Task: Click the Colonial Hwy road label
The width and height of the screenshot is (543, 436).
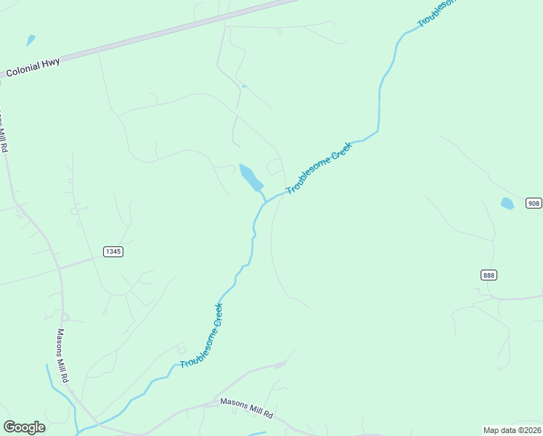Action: coord(33,68)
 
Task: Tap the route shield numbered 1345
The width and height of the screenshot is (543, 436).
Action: coord(113,251)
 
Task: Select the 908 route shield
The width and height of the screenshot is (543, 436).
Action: coord(534,203)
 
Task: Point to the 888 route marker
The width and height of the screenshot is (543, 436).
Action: coord(489,275)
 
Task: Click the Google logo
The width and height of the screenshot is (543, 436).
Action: coord(24,427)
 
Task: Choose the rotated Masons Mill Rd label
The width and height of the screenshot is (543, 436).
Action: coord(63,355)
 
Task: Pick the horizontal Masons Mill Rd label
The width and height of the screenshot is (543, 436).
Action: coord(246,408)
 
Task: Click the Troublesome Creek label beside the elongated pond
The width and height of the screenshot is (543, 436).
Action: coord(319,168)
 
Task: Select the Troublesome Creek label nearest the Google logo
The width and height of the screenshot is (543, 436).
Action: coord(202,335)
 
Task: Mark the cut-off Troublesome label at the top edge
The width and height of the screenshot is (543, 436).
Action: coord(438,13)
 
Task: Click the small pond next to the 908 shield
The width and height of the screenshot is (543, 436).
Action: coord(507,203)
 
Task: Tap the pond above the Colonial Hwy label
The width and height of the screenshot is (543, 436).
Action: coord(30,40)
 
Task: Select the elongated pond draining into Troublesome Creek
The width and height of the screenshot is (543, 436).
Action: coord(250,177)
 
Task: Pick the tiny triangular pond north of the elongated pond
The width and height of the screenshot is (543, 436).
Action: coord(244,86)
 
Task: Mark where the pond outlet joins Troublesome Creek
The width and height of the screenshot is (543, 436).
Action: coord(264,202)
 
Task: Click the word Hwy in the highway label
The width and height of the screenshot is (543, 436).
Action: coord(50,63)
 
